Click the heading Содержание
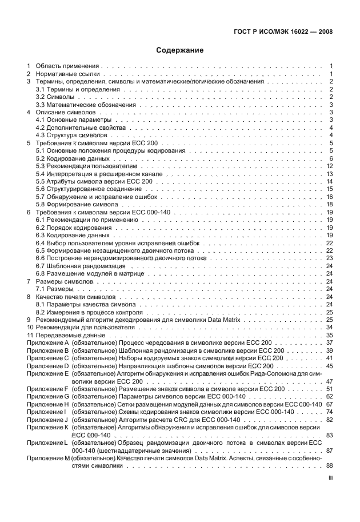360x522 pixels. (180, 50)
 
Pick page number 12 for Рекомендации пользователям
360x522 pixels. (330, 166)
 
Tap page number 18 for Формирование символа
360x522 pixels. (330, 204)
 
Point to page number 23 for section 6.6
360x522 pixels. (330, 258)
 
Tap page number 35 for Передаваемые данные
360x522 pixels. (330, 334)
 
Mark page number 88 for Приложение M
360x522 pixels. (330, 465)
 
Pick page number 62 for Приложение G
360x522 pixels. (330, 396)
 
